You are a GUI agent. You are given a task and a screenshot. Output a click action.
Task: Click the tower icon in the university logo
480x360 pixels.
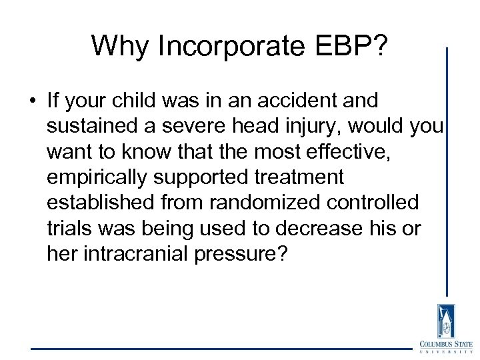point(445,321)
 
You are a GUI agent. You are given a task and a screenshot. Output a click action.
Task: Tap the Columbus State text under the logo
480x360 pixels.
point(445,344)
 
